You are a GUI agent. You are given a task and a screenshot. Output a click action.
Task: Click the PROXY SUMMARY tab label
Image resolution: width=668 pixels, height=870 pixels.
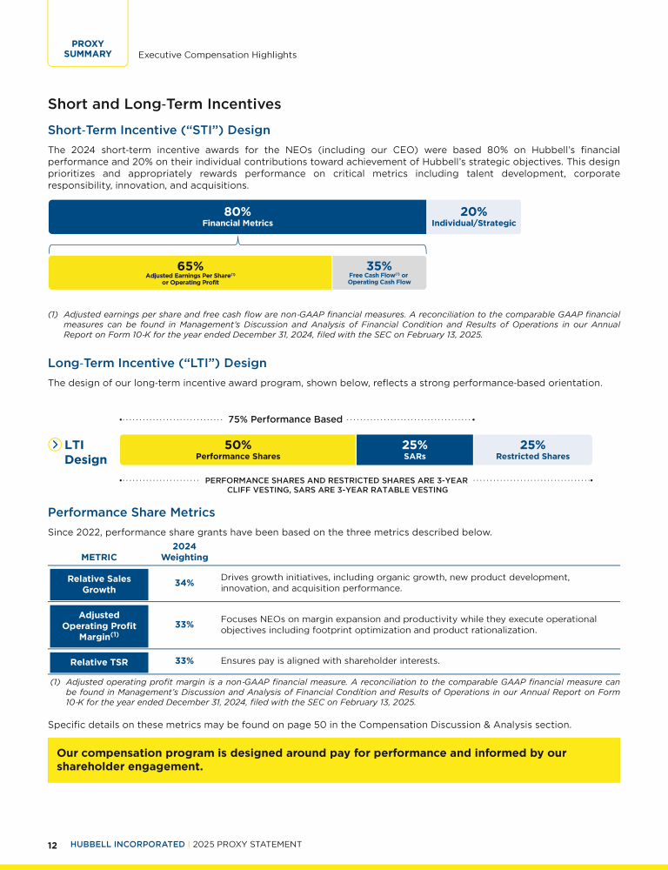click(x=87, y=49)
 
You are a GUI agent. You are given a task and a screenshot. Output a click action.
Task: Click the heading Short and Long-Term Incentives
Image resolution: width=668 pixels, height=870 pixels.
click(x=164, y=104)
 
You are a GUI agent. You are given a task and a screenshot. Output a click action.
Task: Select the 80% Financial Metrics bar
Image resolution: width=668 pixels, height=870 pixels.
click(x=237, y=217)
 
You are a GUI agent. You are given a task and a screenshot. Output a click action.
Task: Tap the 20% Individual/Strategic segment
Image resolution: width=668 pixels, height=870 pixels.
click(x=473, y=217)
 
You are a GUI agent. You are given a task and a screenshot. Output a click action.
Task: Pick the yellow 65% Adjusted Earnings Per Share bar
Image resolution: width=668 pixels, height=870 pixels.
click(x=190, y=272)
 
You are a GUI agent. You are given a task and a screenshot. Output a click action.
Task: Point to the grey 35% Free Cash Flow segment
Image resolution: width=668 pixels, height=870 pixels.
click(x=379, y=272)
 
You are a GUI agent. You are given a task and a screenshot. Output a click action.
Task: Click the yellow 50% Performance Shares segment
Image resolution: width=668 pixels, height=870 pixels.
click(x=237, y=450)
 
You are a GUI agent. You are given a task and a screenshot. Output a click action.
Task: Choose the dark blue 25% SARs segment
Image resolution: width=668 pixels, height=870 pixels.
click(x=414, y=450)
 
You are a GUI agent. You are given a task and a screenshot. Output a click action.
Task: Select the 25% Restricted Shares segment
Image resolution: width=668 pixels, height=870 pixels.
click(x=532, y=450)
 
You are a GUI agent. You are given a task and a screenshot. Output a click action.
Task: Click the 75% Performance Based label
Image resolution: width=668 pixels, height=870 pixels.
click(x=284, y=419)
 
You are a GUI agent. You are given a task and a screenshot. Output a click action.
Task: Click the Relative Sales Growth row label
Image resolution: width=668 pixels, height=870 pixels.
click(x=99, y=584)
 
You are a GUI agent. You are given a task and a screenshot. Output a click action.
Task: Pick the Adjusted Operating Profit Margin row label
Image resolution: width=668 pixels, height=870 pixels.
click(x=99, y=625)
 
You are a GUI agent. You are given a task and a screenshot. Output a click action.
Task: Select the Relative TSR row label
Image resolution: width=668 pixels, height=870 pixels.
click(x=99, y=662)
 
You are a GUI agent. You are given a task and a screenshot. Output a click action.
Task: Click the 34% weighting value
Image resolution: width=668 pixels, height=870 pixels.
click(x=184, y=583)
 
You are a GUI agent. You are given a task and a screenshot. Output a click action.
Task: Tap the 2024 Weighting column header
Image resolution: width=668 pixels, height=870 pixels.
click(x=184, y=552)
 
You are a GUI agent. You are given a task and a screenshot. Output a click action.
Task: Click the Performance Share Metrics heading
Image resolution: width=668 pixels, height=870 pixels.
click(x=131, y=513)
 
